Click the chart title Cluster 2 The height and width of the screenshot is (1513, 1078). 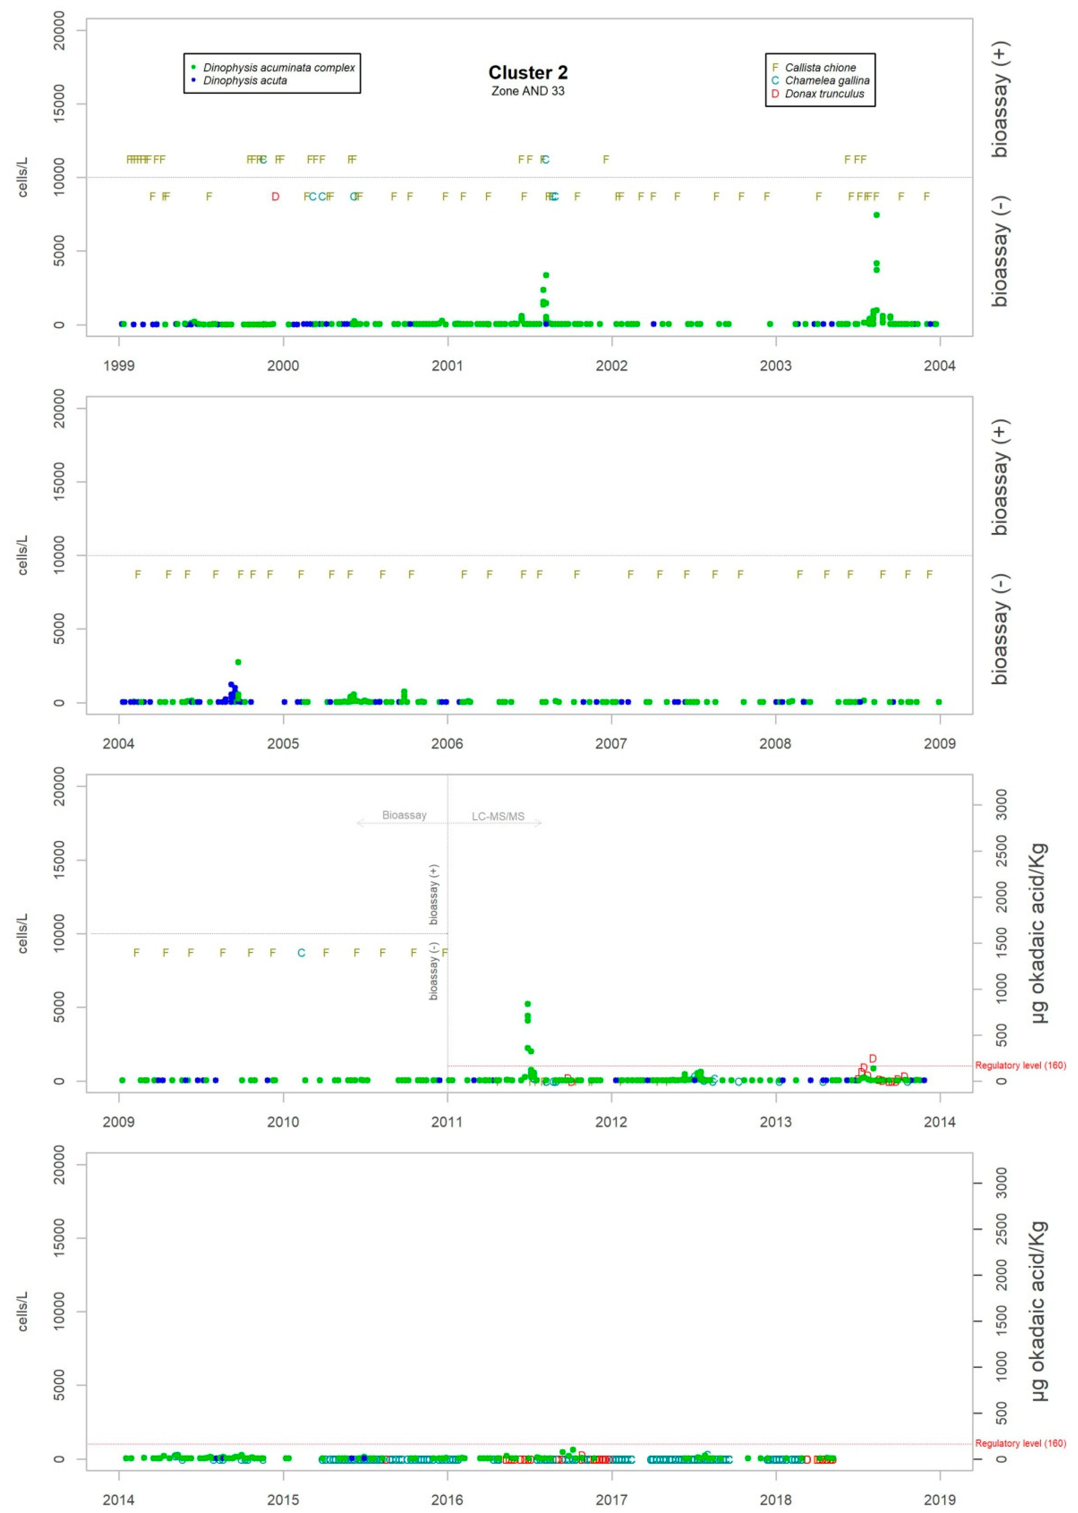(x=528, y=72)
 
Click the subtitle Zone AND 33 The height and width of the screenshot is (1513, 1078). (x=528, y=91)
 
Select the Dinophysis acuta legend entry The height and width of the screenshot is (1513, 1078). (x=245, y=80)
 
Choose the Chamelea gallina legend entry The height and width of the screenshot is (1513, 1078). (x=826, y=80)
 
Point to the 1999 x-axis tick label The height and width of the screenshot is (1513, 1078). (x=119, y=366)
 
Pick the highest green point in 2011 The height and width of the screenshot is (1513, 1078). (x=528, y=1004)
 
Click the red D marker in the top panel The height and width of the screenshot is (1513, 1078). (x=276, y=196)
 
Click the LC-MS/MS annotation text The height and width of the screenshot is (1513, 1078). (x=498, y=816)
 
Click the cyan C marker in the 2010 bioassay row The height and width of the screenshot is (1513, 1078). (x=301, y=953)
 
